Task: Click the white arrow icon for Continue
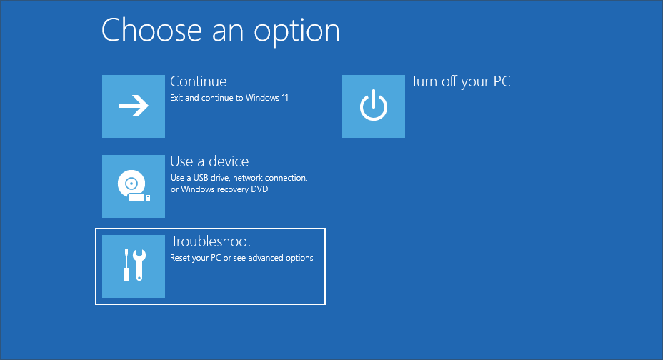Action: (x=134, y=106)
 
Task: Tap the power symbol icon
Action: (x=373, y=106)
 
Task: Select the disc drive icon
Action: (x=131, y=184)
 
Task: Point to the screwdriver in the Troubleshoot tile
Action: (x=126, y=265)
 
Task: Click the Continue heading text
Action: (x=198, y=81)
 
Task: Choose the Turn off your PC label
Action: (x=460, y=81)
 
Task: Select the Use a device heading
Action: (x=209, y=161)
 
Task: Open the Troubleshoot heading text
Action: (x=211, y=241)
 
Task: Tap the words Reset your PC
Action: (x=194, y=258)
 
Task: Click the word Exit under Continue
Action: (x=176, y=98)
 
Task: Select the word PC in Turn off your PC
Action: (x=502, y=81)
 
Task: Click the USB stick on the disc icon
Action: (x=140, y=196)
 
